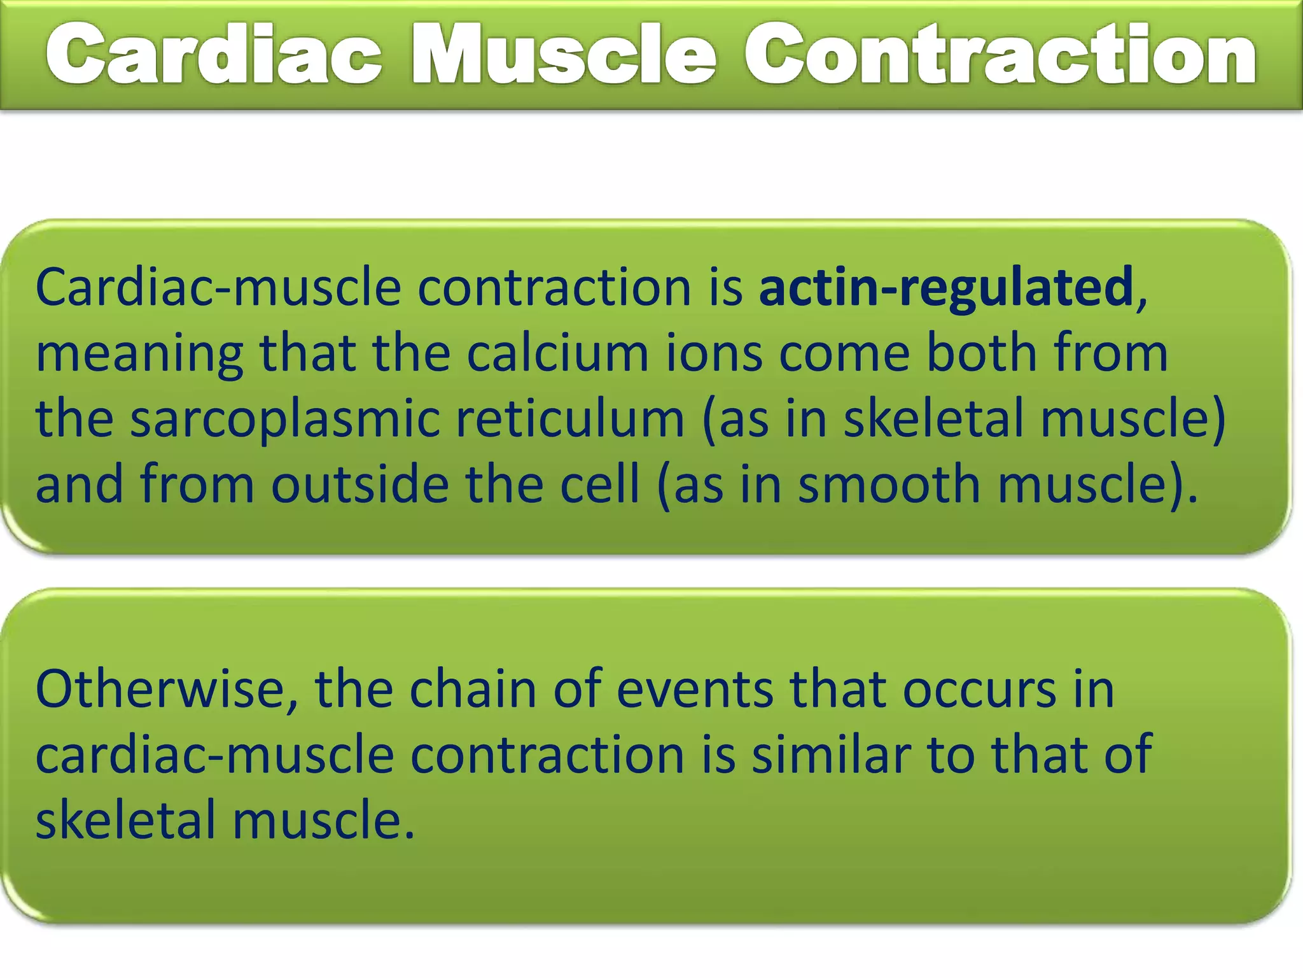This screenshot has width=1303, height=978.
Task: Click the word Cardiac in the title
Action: click(x=213, y=54)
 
